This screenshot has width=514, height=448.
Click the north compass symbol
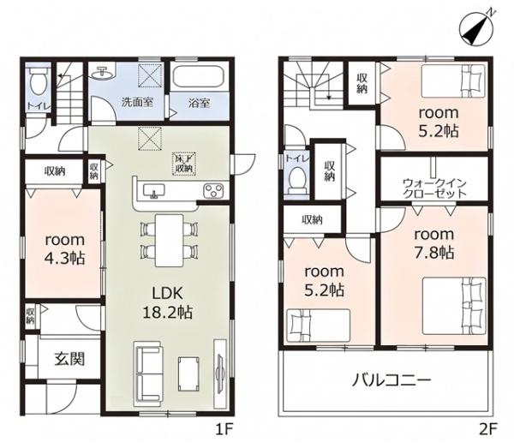tap(477, 29)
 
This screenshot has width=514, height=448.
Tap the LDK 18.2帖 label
tap(168, 302)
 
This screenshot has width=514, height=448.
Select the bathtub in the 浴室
tap(199, 77)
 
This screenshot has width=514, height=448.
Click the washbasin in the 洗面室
tap(104, 73)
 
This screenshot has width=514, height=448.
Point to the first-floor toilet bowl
tap(38, 82)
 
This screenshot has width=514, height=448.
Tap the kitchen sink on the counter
tap(154, 190)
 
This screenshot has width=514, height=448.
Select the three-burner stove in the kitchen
tap(213, 190)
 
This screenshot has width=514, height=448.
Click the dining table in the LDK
tap(169, 240)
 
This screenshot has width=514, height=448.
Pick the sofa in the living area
tap(147, 373)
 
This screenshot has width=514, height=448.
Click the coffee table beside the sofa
tap(188, 374)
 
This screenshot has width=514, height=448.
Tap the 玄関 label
tap(69, 359)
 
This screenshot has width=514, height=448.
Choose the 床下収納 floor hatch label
tap(184, 164)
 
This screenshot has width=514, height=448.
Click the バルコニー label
tap(391, 380)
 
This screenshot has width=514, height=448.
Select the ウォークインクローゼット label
tap(434, 188)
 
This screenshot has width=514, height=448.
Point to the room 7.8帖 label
tap(434, 243)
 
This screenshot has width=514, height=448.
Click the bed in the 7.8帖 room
tap(454, 306)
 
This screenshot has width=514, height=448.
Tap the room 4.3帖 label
tap(65, 248)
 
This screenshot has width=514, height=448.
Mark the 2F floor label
tap(488, 429)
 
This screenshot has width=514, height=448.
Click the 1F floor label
tap(224, 429)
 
